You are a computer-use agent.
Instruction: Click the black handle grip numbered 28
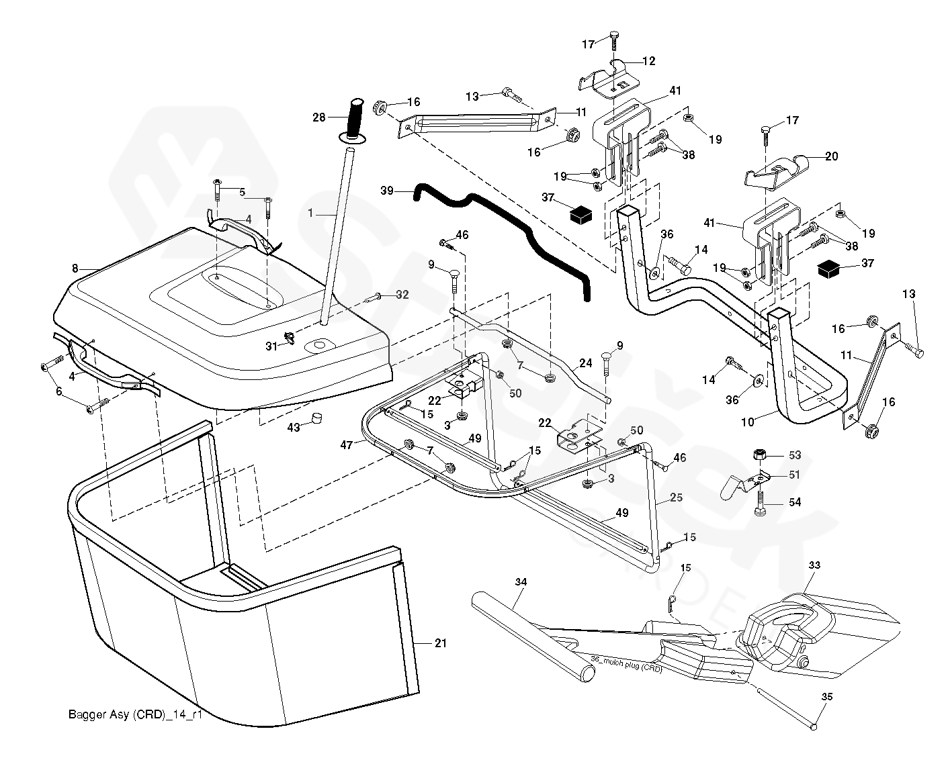pos(354,118)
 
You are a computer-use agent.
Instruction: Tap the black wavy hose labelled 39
pos(511,228)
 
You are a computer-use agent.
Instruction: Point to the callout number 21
pos(440,643)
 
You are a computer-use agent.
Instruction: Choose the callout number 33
pos(814,566)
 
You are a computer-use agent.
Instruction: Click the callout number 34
pos(521,581)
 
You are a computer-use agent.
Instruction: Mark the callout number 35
pos(827,697)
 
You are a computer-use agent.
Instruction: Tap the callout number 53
pos(795,455)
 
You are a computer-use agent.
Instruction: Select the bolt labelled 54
pos(761,500)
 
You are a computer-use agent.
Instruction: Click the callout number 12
pos(648,61)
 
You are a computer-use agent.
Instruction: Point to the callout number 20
pos(831,156)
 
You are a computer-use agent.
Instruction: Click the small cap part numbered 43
pos(314,420)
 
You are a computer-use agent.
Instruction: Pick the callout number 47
pos(347,444)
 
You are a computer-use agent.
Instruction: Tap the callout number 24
pos(586,363)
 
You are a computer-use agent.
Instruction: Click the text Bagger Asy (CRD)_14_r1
pos(135,714)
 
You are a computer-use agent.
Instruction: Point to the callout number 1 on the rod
pos(310,212)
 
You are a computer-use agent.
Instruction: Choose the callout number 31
pos(271,346)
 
